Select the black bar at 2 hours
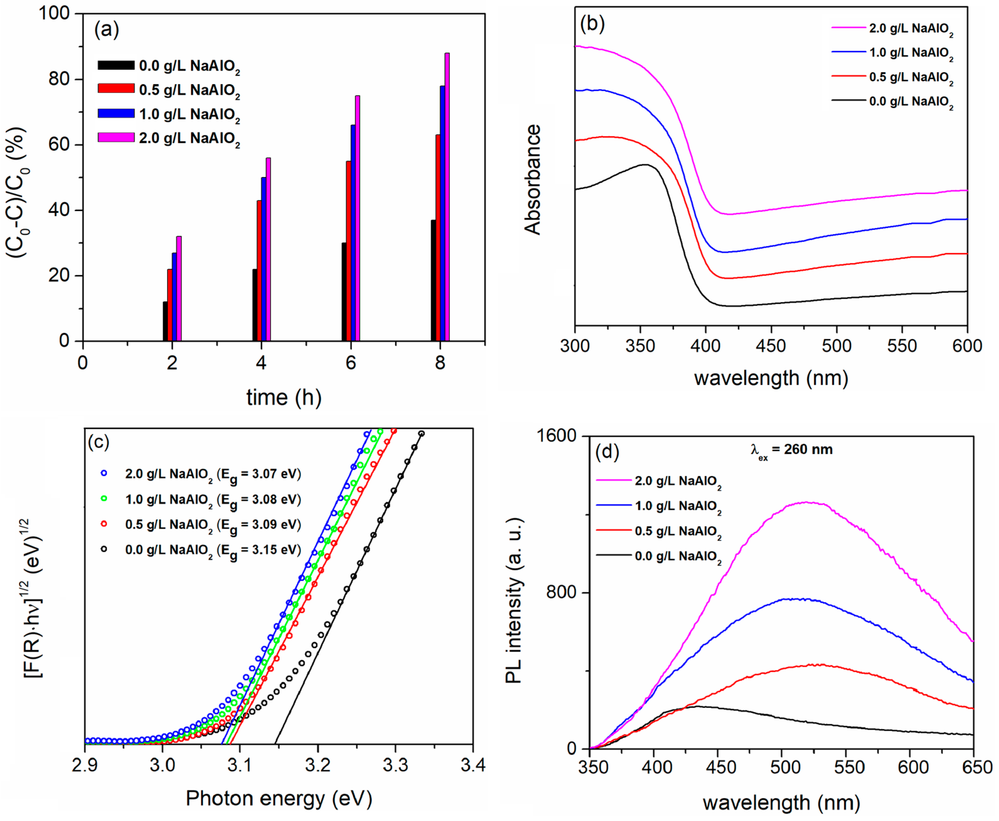click(165, 321)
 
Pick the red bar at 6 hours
click(348, 251)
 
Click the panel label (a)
click(106, 30)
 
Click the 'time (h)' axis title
click(284, 397)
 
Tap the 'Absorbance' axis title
click(533, 180)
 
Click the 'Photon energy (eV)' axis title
click(279, 798)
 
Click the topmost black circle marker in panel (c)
click(421, 434)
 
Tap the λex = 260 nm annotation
click(791, 450)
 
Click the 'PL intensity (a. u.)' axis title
click(514, 601)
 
